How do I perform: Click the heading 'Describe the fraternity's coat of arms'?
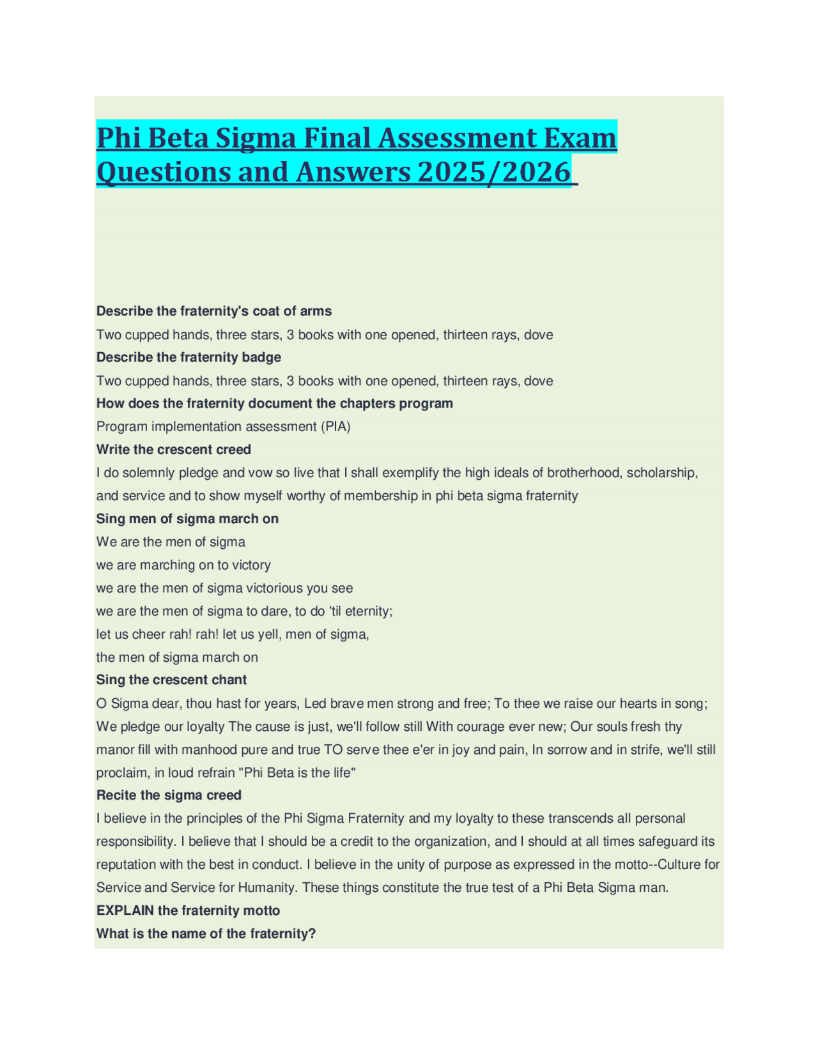pos(213,311)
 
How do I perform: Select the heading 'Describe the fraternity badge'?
pos(189,357)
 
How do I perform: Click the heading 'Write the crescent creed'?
pos(173,450)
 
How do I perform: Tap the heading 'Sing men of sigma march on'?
pos(187,519)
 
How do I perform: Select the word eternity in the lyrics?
pos(367,611)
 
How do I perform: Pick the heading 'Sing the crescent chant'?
pos(171,680)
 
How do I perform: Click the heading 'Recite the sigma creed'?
pos(169,795)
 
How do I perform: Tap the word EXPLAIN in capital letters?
pos(125,910)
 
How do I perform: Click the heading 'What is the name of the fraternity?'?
pos(206,934)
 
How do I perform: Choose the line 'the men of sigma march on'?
pos(177,657)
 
